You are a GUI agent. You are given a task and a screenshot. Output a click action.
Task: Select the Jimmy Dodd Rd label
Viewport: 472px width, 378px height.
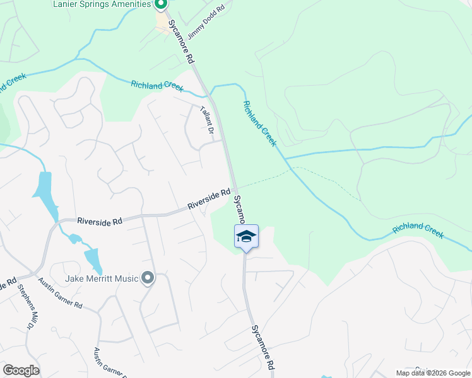[206, 23]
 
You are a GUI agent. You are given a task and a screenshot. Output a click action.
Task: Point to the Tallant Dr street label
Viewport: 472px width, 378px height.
[206, 120]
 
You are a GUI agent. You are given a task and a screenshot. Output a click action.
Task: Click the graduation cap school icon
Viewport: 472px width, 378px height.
[246, 236]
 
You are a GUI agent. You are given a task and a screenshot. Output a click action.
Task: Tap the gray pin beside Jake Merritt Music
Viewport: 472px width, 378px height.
[148, 277]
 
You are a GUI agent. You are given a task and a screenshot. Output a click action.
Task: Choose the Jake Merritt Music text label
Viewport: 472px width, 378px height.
[101, 278]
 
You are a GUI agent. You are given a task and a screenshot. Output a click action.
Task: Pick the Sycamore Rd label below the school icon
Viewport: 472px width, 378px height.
[263, 347]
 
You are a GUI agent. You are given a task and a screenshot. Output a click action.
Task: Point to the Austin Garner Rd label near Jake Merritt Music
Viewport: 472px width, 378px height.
[59, 293]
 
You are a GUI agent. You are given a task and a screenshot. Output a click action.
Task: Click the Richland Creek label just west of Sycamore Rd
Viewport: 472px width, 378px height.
[157, 86]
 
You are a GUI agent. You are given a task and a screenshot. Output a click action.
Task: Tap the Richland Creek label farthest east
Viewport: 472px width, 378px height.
[418, 230]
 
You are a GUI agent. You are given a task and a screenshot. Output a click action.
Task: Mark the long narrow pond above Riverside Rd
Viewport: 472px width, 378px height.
[45, 192]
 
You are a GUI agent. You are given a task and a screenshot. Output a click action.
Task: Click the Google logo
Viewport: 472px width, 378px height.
[21, 370]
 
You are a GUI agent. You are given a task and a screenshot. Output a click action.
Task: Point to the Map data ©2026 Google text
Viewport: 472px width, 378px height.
[432, 373]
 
